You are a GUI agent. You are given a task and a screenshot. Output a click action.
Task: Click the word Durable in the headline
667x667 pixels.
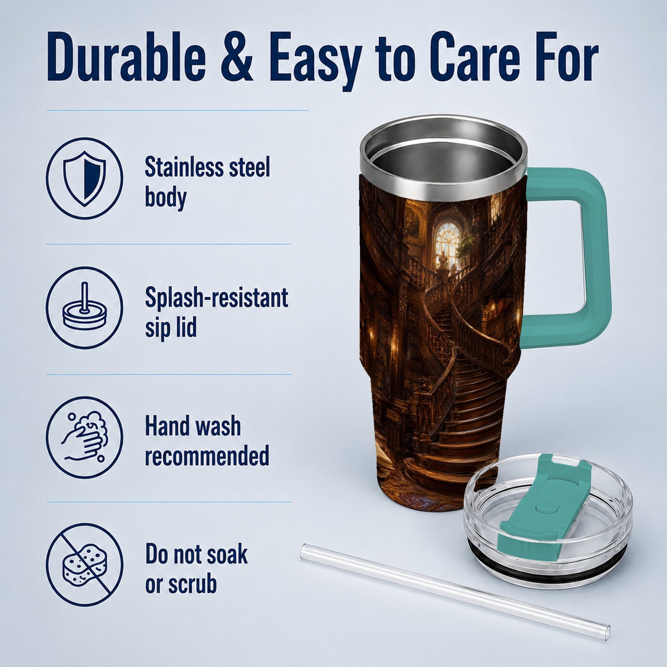coord(126,56)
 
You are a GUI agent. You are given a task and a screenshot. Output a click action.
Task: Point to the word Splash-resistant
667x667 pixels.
coord(216,297)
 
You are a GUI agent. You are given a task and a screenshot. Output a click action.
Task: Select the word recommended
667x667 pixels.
coord(207,455)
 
